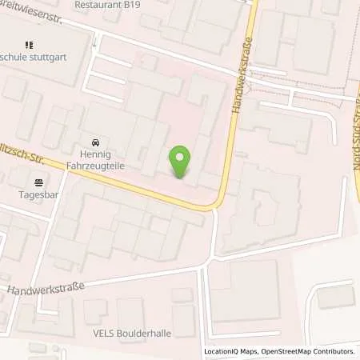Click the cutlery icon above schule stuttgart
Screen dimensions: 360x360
click(x=30, y=46)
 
